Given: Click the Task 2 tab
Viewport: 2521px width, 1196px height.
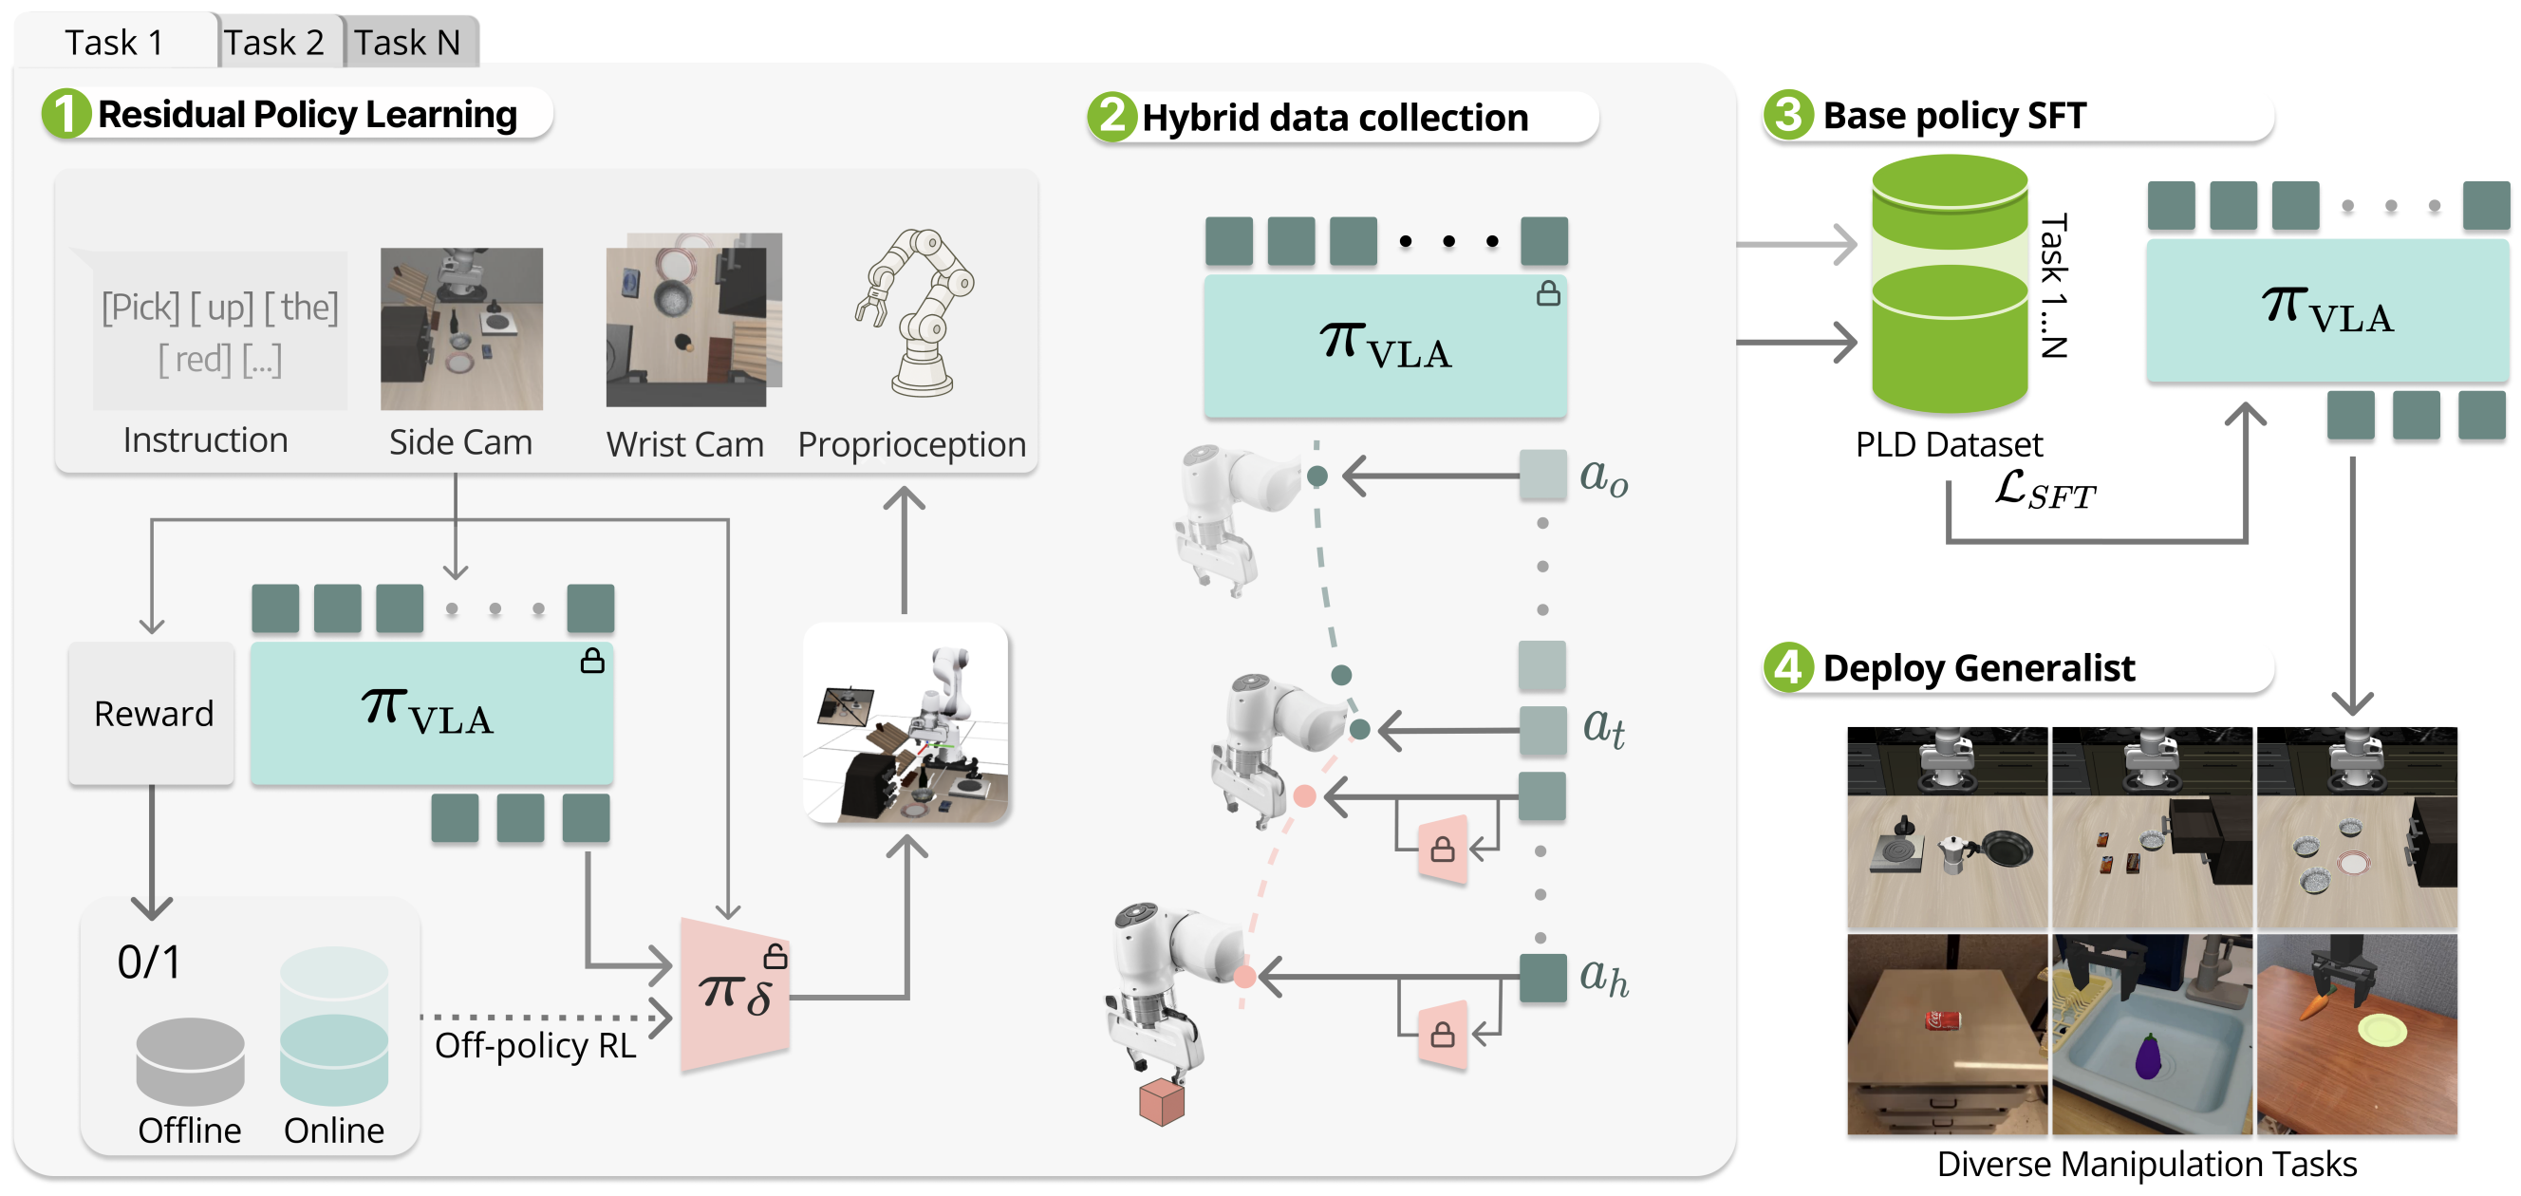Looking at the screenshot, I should pyautogui.click(x=274, y=43).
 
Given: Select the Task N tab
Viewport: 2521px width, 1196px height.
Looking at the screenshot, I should pyautogui.click(x=407, y=43).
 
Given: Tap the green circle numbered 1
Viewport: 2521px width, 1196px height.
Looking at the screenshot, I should pyautogui.click(x=65, y=114).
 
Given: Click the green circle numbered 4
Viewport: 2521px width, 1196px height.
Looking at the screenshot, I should pyautogui.click(x=1788, y=667).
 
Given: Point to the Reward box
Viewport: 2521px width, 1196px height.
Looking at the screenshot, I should pyautogui.click(x=153, y=714).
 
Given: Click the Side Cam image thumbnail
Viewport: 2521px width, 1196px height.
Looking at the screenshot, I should pyautogui.click(x=461, y=327).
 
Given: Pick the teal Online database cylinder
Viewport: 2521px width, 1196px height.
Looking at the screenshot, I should pyautogui.click(x=334, y=1028).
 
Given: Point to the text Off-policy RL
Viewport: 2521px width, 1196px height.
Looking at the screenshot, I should pyautogui.click(x=534, y=1045).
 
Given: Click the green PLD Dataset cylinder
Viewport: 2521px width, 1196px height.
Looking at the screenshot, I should pyautogui.click(x=1949, y=284).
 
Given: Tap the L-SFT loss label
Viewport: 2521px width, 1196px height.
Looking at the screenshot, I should pyautogui.click(x=2045, y=490).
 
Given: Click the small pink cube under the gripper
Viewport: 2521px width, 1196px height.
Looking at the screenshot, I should pyautogui.click(x=1162, y=1102).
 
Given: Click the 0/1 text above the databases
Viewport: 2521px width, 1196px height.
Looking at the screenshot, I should pyautogui.click(x=149, y=962).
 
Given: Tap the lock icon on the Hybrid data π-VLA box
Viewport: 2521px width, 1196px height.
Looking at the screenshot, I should pyautogui.click(x=1547, y=293).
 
